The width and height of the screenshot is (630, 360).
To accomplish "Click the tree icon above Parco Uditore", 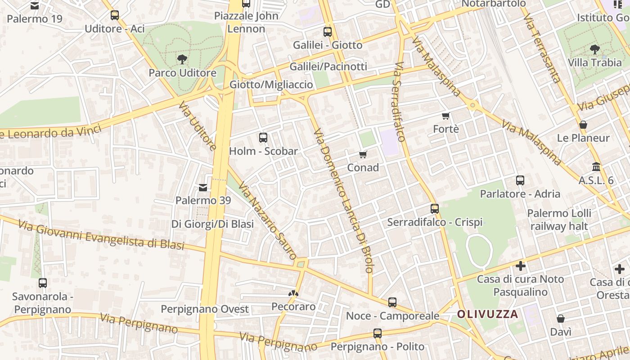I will [x=182, y=59].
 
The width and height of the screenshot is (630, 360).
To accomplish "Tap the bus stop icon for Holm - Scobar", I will [x=263, y=138].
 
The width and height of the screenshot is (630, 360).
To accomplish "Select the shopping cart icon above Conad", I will [x=363, y=154].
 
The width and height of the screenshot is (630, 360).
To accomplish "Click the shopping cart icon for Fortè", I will [x=446, y=116].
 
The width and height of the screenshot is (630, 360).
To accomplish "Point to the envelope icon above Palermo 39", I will [x=203, y=187].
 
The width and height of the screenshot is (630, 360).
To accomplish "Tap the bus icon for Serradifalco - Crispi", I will [x=434, y=209].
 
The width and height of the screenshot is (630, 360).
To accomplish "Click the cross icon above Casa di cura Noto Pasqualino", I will [x=521, y=266].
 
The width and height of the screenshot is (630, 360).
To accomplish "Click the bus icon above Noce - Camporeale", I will [x=392, y=302].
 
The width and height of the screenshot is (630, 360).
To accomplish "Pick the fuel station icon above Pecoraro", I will [x=293, y=293].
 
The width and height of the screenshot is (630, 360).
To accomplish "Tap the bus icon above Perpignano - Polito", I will [x=377, y=333].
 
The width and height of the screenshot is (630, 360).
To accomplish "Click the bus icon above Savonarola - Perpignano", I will [x=43, y=283].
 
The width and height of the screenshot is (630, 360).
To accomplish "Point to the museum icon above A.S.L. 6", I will [x=596, y=167].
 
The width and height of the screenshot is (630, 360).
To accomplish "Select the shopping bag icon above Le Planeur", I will [x=583, y=125].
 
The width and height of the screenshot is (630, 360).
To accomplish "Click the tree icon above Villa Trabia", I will [x=594, y=49].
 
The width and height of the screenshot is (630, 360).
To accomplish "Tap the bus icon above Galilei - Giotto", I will [x=328, y=32].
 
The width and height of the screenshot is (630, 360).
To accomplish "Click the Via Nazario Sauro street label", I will [x=267, y=220].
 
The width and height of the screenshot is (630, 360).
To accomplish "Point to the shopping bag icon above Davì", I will [x=561, y=319].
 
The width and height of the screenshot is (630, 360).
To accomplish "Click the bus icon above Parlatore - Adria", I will [x=520, y=180].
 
